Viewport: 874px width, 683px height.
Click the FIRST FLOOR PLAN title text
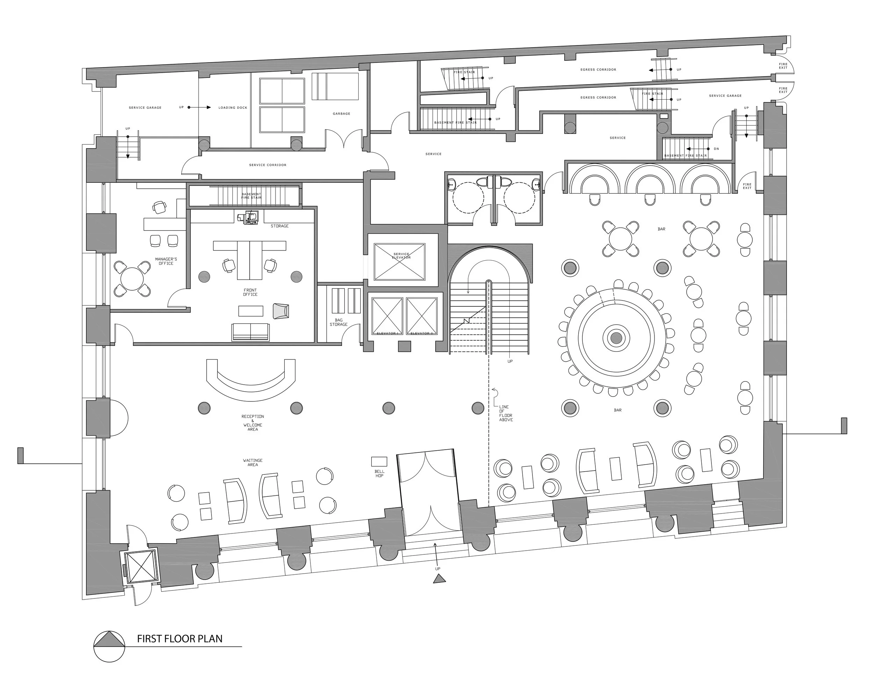(x=180, y=639)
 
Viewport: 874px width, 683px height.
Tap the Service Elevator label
(x=401, y=255)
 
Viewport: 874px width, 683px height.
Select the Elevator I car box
(x=387, y=315)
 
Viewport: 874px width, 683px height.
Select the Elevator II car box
(x=421, y=315)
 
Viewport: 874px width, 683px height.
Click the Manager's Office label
(x=166, y=261)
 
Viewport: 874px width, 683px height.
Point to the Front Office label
(x=250, y=292)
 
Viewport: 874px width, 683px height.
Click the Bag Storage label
(x=338, y=322)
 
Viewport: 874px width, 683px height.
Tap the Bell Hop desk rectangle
(x=379, y=462)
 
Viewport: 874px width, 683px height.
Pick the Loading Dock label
(x=232, y=108)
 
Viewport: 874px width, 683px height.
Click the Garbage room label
(x=341, y=114)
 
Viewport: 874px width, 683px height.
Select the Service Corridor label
(x=267, y=165)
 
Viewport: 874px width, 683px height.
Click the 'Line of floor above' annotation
(x=506, y=413)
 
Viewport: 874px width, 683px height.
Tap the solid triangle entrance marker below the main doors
(x=439, y=579)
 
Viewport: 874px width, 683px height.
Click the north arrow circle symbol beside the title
(x=109, y=647)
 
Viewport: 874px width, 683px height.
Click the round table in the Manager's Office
(x=132, y=279)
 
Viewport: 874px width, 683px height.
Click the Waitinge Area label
(x=252, y=463)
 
